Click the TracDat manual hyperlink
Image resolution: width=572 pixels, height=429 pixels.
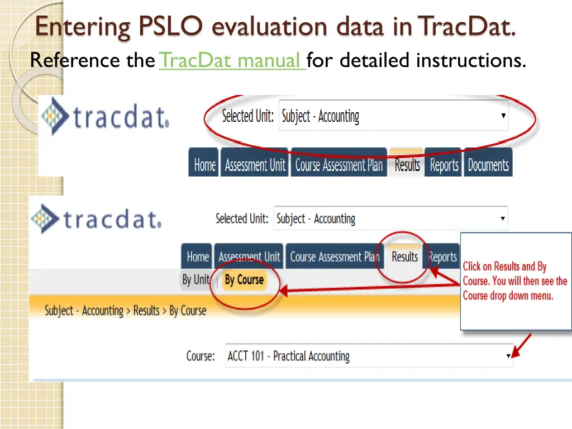point(232,60)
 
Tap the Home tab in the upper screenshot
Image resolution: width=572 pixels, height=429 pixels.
point(204,165)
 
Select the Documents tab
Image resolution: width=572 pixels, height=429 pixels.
point(488,165)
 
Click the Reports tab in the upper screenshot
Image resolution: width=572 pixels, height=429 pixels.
point(444,165)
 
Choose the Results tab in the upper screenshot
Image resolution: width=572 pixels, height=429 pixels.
point(407,165)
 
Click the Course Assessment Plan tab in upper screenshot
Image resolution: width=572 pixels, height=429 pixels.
point(339,165)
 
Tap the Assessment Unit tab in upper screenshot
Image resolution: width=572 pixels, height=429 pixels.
point(255,165)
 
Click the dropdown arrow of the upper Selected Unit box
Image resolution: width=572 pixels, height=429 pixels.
point(503,116)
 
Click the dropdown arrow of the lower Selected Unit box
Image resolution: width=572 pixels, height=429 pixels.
point(503,218)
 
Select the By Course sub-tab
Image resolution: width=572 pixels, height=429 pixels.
point(244,280)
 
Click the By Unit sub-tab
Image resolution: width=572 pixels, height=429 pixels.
point(196,280)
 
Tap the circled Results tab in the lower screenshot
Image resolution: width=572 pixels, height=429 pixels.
point(404,257)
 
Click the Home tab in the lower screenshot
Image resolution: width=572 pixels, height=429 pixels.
point(198,257)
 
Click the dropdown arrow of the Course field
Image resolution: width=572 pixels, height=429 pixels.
point(508,356)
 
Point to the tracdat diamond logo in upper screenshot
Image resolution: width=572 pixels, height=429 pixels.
point(56,116)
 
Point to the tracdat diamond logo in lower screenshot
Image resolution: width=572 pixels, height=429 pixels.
point(45,218)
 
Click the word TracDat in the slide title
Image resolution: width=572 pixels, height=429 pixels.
point(466,27)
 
